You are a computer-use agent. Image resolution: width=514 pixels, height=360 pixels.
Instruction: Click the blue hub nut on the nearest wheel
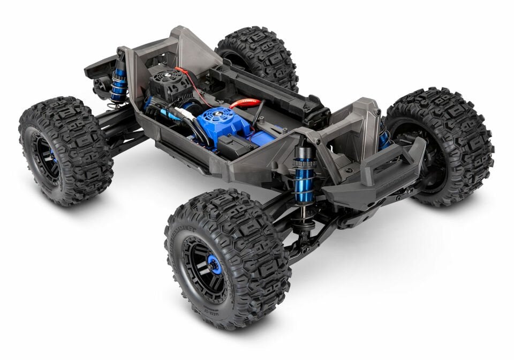pyautogui.click(x=213, y=265)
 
